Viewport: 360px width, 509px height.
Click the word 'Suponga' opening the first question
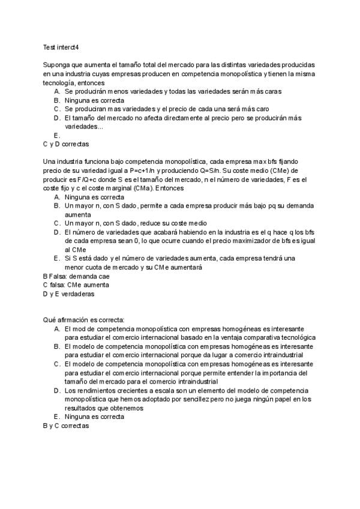(x=56, y=65)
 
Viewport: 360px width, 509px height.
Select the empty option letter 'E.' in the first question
(x=56, y=136)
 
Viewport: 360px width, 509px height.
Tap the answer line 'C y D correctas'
(x=66, y=145)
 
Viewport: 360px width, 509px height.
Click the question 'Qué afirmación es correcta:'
(x=83, y=321)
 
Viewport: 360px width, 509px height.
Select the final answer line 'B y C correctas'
(x=66, y=425)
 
